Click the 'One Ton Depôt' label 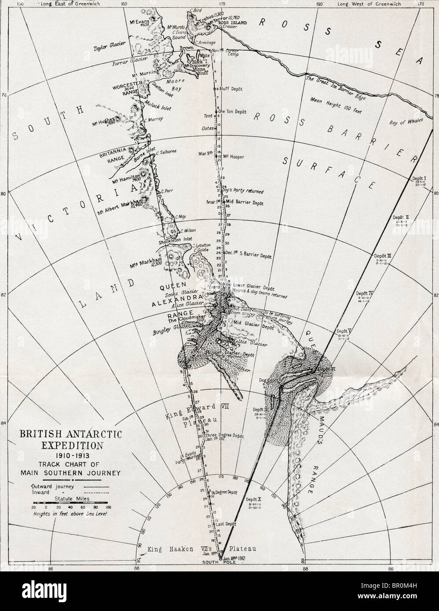click(234, 111)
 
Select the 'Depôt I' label click(421, 178)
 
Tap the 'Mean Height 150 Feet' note click(335, 99)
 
